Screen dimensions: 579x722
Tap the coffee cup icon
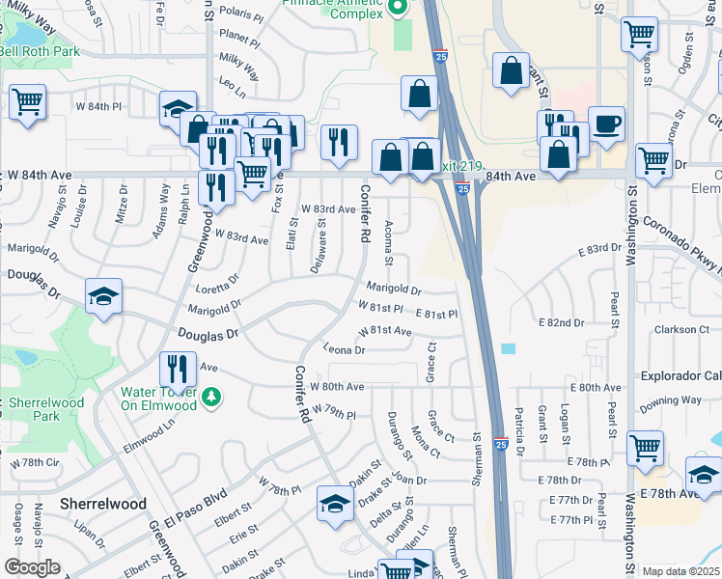[x=606, y=124]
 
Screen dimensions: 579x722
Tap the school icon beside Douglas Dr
[x=103, y=297]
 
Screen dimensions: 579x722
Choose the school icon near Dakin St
[x=335, y=505]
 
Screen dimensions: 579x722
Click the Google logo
[x=31, y=567]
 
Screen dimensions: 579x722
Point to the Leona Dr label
[x=344, y=349]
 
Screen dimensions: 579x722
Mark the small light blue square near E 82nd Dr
[x=509, y=348]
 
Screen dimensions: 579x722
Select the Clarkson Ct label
[x=681, y=329]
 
